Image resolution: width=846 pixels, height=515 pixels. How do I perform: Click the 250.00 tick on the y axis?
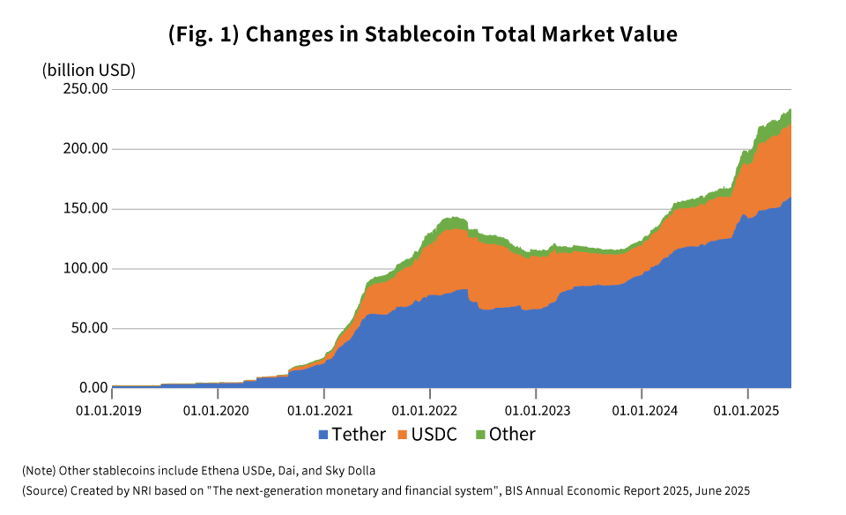coord(85,89)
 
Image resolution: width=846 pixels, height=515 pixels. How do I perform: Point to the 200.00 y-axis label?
coord(85,149)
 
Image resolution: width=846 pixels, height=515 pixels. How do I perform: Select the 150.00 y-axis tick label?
coord(85,209)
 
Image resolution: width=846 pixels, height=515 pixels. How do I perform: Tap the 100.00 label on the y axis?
coord(85,268)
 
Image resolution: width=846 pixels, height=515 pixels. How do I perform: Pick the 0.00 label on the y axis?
coord(93,388)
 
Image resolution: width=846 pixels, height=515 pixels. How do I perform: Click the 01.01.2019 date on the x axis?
coord(112,410)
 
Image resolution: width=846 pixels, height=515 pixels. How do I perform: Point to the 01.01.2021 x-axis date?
coord(323,410)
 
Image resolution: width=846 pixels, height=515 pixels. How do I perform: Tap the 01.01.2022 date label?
coord(429,410)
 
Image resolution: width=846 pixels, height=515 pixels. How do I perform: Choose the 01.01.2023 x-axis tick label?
coord(536,410)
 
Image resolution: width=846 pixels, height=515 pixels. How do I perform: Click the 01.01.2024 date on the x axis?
coord(642,410)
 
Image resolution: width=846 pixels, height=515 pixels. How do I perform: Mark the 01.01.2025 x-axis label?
coord(747,410)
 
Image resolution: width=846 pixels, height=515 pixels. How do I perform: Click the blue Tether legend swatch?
coord(323,435)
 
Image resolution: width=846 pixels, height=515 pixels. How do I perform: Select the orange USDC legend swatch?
coord(404,435)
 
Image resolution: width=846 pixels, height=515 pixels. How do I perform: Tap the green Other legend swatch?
coord(480,435)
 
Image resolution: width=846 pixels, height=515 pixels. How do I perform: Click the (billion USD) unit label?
coord(89,70)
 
